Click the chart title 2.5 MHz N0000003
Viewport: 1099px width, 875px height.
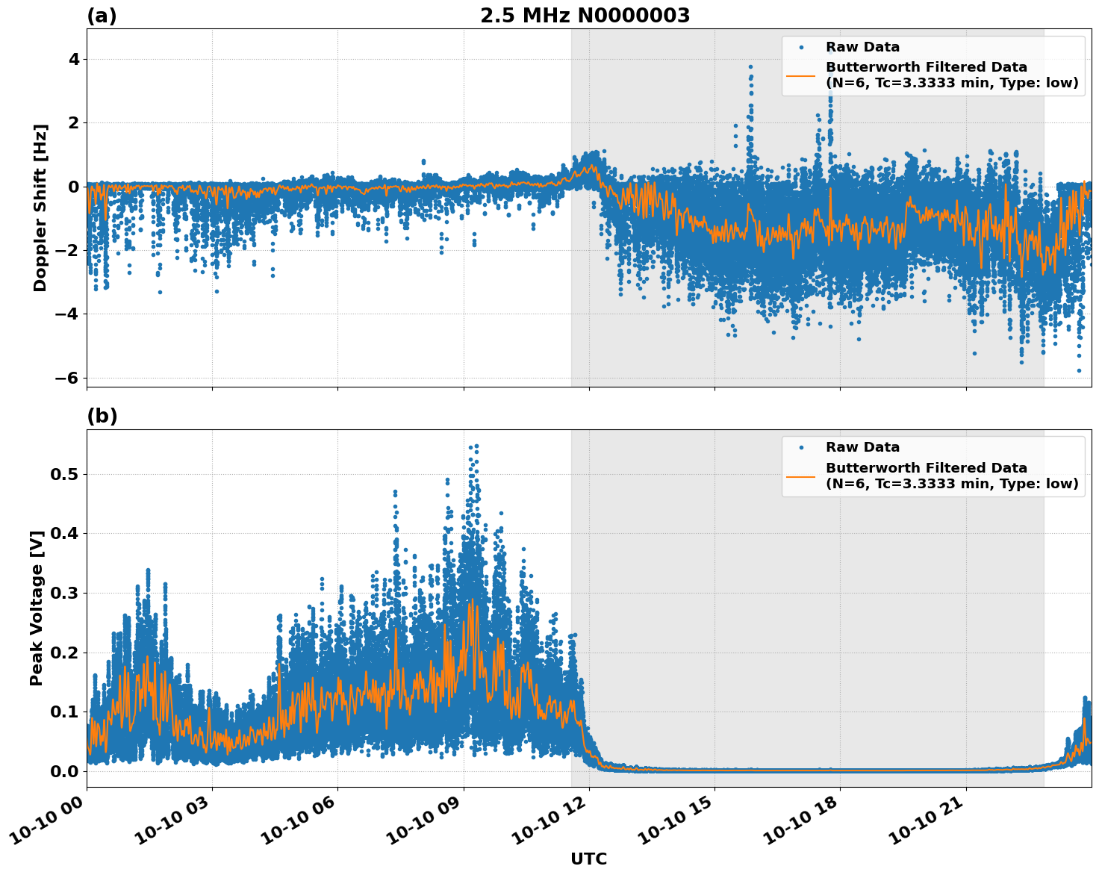point(585,16)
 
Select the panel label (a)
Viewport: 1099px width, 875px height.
point(102,16)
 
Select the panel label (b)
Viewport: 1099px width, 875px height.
point(102,416)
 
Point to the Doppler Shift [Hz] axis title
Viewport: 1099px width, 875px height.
point(40,208)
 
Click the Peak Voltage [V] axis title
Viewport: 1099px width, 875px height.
point(37,608)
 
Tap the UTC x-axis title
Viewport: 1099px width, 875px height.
point(588,859)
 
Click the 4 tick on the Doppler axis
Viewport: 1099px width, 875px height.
point(73,59)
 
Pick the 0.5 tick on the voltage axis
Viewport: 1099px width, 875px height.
point(64,474)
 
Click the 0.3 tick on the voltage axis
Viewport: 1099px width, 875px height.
point(64,593)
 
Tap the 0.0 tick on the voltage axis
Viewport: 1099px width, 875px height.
point(64,771)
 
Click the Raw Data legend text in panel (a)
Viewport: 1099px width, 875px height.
point(862,47)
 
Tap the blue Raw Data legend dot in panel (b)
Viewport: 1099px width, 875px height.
point(801,447)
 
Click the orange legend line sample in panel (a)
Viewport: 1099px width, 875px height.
point(801,75)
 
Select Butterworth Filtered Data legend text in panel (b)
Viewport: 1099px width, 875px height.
point(926,468)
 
